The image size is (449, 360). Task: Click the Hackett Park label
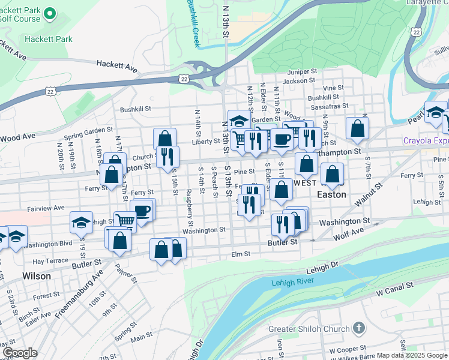[x=49, y=39]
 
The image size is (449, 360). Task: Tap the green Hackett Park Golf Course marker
[x=50, y=13]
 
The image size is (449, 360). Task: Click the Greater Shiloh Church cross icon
[x=358, y=328]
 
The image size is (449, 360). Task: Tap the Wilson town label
[x=37, y=276]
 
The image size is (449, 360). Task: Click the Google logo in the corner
[x=19, y=353]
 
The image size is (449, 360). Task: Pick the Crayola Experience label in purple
[x=426, y=141]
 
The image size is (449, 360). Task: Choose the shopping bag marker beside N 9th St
[x=357, y=128]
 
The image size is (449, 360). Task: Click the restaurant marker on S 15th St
[x=167, y=156]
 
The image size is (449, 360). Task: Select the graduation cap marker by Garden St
[x=238, y=121]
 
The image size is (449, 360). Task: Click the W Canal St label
[x=395, y=292]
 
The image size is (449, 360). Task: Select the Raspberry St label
[x=188, y=203]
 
